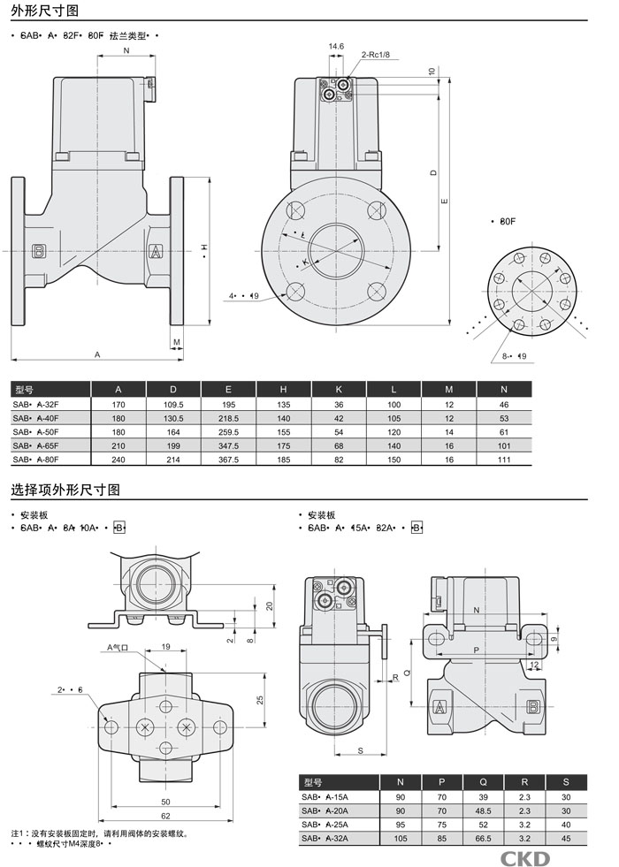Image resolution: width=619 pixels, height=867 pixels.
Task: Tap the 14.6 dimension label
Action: click(x=336, y=46)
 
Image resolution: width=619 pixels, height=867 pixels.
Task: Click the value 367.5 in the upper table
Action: click(x=228, y=459)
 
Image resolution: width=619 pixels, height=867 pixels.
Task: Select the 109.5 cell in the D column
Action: click(x=173, y=403)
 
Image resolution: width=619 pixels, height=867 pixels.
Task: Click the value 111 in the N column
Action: click(x=504, y=459)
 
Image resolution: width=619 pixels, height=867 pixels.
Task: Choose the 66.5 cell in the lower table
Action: click(x=483, y=837)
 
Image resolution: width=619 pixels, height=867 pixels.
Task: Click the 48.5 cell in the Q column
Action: click(x=483, y=810)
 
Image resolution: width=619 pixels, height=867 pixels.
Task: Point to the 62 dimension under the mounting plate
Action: click(x=165, y=815)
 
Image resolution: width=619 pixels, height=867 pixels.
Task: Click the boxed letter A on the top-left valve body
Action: click(x=156, y=251)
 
